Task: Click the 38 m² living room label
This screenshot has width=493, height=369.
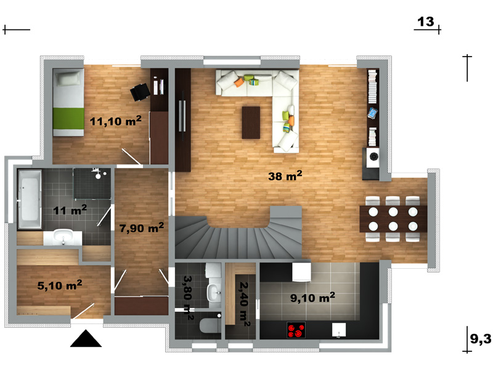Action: [285, 176]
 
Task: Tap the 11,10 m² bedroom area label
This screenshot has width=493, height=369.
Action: [115, 121]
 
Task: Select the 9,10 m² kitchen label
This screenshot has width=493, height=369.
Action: [312, 298]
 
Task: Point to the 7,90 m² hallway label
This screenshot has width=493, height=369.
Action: [142, 228]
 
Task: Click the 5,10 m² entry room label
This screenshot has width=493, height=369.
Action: [60, 285]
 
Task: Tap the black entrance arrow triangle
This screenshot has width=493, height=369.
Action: [86, 338]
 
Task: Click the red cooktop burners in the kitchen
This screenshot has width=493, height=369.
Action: [296, 330]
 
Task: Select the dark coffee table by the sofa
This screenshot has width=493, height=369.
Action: [251, 122]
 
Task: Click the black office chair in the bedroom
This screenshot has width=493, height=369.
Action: [141, 92]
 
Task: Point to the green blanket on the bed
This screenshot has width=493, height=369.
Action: [68, 118]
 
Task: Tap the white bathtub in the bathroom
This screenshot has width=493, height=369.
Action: [30, 199]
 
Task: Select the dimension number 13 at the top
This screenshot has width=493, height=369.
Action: [426, 22]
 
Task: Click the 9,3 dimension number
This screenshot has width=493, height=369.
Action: [481, 339]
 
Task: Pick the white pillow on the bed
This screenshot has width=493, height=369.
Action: [68, 78]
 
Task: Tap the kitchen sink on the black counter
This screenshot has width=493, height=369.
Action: [339, 330]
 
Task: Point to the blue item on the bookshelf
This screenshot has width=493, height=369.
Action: [373, 113]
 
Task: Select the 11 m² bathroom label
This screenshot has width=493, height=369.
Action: [70, 210]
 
